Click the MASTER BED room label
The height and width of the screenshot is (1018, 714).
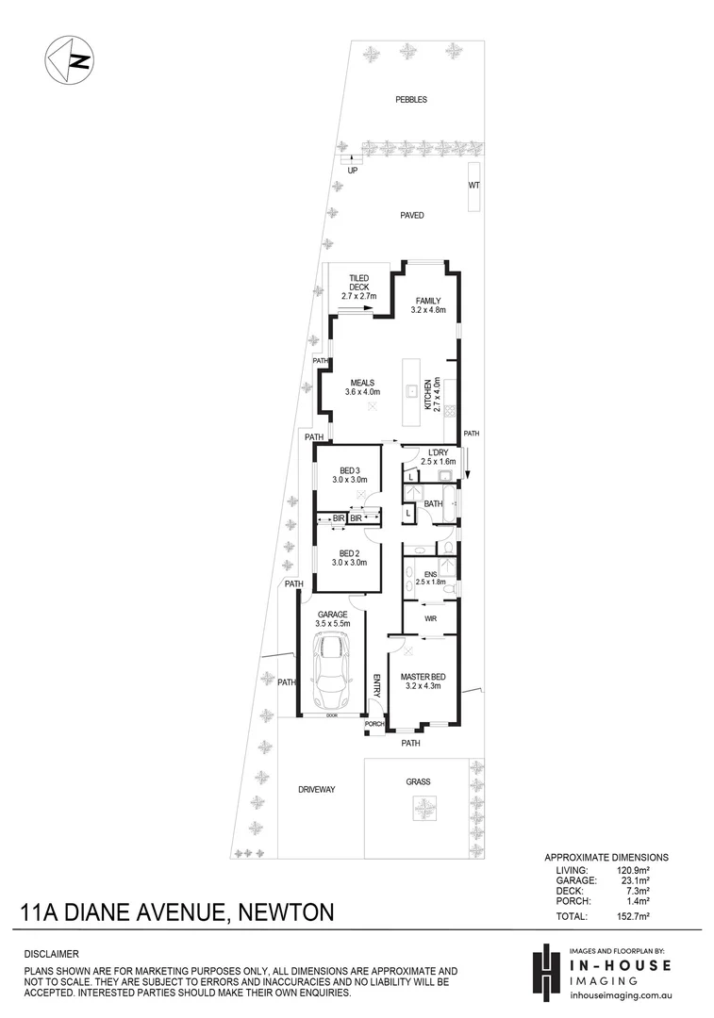pos(423,677)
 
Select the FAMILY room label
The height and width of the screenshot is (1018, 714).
pos(427,301)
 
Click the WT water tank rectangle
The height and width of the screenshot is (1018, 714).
pos(473,185)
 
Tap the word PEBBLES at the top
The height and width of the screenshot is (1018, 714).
pos(410,99)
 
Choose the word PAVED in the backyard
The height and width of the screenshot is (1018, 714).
pos(411,216)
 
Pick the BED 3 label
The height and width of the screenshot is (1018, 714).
pos(348,469)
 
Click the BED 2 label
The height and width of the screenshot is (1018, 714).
pos(348,553)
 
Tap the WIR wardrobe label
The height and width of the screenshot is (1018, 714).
pos(431,619)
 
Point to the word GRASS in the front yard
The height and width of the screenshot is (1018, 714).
pos(418,782)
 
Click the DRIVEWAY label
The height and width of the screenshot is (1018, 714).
pos(318,789)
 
